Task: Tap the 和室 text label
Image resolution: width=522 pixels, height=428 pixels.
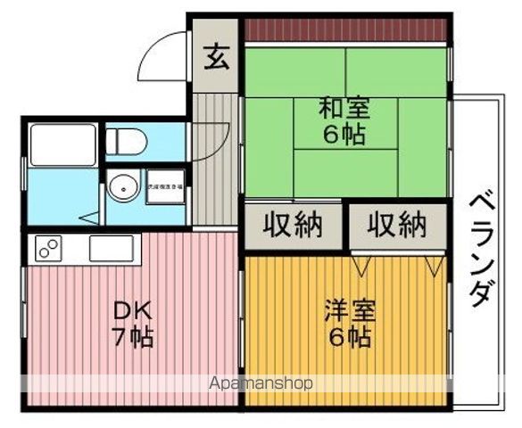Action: click(x=345, y=110)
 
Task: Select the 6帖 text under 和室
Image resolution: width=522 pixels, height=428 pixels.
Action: click(x=345, y=136)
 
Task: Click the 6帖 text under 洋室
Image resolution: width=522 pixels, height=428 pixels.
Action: click(x=349, y=338)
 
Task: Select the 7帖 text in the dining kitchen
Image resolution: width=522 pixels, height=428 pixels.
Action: click(x=132, y=337)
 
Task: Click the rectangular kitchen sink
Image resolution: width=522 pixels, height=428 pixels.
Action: click(x=111, y=247)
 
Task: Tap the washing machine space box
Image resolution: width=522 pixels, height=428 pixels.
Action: click(x=166, y=187)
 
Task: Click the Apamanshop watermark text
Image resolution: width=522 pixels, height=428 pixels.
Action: click(x=260, y=384)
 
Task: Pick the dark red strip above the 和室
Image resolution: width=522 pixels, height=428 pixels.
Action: click(x=345, y=29)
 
